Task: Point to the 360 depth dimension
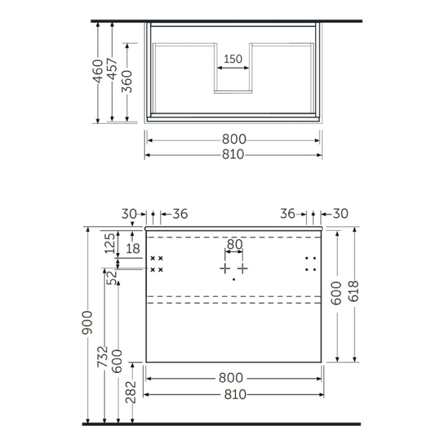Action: pyautogui.click(x=128, y=81)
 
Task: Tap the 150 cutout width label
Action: pyautogui.click(x=233, y=59)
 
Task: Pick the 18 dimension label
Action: pyautogui.click(x=133, y=249)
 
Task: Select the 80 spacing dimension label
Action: pyautogui.click(x=234, y=243)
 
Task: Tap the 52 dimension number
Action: pyautogui.click(x=111, y=277)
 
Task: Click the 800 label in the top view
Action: pyautogui.click(x=233, y=140)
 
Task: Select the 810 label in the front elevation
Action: pyautogui.click(x=233, y=395)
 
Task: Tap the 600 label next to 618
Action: pyautogui.click(x=337, y=293)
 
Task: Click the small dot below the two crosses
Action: pyautogui.click(x=233, y=279)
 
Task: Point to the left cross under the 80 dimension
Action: pyautogui.click(x=225, y=268)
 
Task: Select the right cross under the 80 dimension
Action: pyautogui.click(x=243, y=268)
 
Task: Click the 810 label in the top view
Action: pyautogui.click(x=233, y=155)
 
